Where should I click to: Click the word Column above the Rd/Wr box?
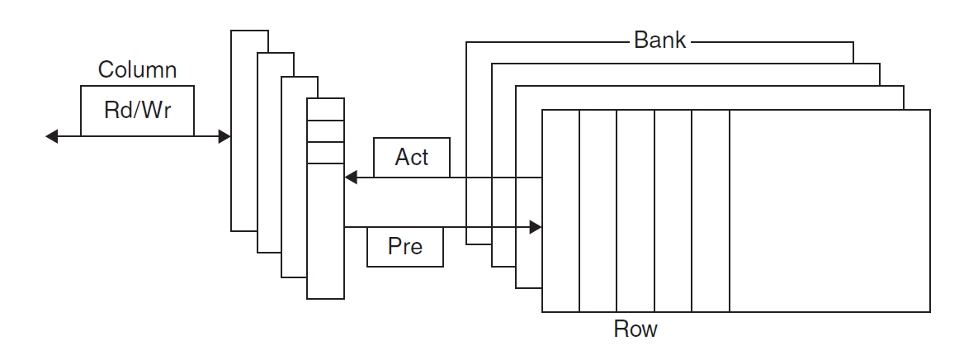[x=137, y=69]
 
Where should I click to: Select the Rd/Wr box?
[x=137, y=111]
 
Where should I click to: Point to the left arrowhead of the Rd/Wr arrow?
[x=52, y=136]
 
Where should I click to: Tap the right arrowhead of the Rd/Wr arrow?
[x=224, y=136]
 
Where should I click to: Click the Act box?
[x=412, y=157]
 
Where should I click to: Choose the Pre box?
[x=404, y=247]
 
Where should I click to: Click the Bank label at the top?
[x=659, y=40]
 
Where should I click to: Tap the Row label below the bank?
[x=635, y=329]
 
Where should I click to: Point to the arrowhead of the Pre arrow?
[x=536, y=226]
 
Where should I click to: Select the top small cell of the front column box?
[x=325, y=109]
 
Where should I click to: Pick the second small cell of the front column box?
[x=325, y=131]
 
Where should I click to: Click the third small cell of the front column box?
[x=325, y=153]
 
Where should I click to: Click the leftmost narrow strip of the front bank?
[x=560, y=211]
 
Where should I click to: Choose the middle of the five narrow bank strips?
[x=635, y=211]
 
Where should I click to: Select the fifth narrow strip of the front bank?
[x=711, y=211]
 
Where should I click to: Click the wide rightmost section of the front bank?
[x=829, y=211]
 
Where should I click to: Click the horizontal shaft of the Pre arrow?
[x=437, y=226]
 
